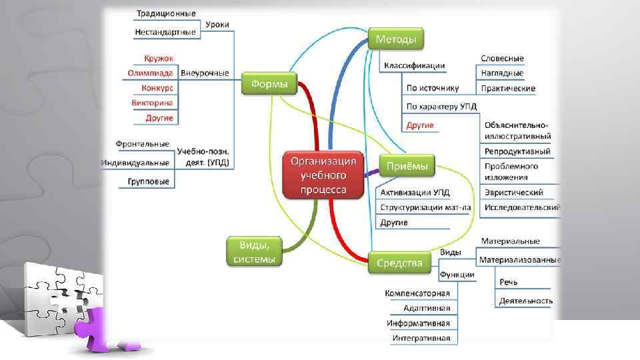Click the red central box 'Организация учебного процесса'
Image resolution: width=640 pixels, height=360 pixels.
pyautogui.click(x=323, y=175)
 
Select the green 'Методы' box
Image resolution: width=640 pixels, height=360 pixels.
pyautogui.click(x=395, y=39)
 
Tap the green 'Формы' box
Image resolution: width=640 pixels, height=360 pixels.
pyautogui.click(x=269, y=84)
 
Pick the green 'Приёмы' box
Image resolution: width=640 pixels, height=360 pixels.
pyautogui.click(x=407, y=165)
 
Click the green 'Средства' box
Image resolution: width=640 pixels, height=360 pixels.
pyautogui.click(x=399, y=263)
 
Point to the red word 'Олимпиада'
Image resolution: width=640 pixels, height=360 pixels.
pyautogui.click(x=150, y=73)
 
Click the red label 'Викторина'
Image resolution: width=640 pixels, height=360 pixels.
pyautogui.click(x=152, y=103)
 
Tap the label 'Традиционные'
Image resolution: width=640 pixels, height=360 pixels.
pyautogui.click(x=166, y=13)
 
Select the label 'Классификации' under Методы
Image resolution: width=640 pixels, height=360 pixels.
pyautogui.click(x=414, y=65)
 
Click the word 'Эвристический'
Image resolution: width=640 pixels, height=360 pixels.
pyautogui.click(x=513, y=192)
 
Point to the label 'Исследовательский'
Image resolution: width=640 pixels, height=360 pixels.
pyautogui.click(x=522, y=207)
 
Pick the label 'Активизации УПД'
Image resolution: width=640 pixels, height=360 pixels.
pyautogui.click(x=415, y=192)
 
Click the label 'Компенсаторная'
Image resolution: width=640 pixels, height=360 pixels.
pyautogui.click(x=417, y=293)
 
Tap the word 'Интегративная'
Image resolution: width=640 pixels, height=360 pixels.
pyautogui.click(x=421, y=338)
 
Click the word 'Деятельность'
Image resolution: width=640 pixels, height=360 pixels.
pyautogui.click(x=525, y=301)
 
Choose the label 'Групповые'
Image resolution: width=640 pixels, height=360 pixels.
pyautogui.click(x=149, y=181)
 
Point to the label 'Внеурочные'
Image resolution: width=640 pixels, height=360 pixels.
pyautogui.click(x=205, y=73)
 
